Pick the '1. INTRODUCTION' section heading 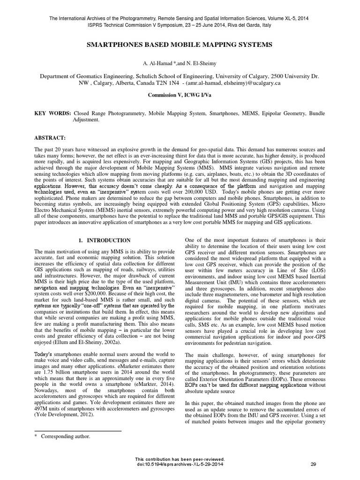click(x=105, y=240)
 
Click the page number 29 click(x=314, y=464)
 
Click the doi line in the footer click(x=180, y=464)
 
